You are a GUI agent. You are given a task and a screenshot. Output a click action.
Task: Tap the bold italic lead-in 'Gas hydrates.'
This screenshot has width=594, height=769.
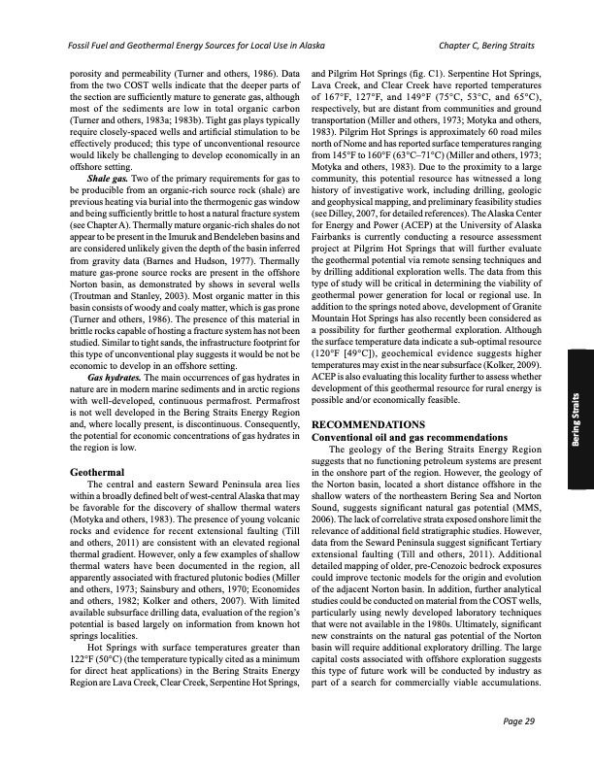115,374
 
